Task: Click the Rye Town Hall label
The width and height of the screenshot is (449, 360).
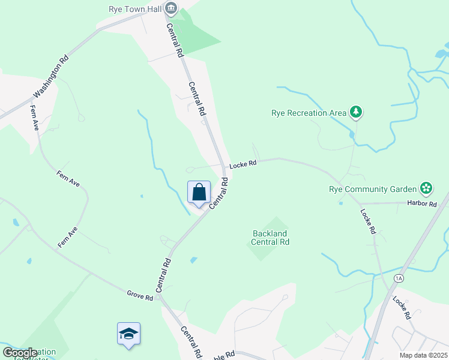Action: tap(134, 8)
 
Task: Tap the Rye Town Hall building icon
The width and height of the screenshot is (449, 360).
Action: tap(171, 8)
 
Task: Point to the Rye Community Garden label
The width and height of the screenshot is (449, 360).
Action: tap(372, 189)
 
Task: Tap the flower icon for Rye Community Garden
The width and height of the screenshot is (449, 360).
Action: tap(426, 188)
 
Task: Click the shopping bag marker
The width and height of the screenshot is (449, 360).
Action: tap(199, 193)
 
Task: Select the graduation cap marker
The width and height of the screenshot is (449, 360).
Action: tap(128, 334)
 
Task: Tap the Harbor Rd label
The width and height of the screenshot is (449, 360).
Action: tap(423, 204)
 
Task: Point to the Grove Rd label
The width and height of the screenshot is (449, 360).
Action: tap(140, 295)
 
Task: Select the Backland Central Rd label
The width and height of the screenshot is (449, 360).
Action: tap(270, 238)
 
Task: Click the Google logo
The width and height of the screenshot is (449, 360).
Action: tap(20, 353)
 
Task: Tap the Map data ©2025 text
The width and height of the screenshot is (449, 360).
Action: tap(423, 355)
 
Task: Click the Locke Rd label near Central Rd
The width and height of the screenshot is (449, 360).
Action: tap(244, 163)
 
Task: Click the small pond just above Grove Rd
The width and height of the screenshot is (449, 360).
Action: tap(193, 260)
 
